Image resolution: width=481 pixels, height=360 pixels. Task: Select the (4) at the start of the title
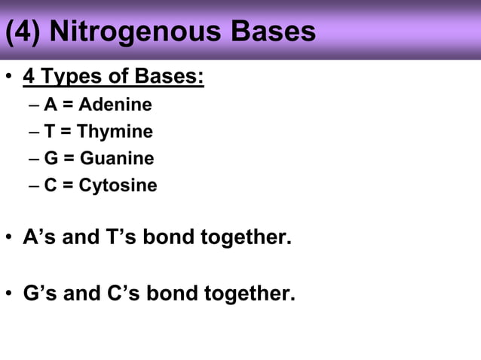click(x=23, y=32)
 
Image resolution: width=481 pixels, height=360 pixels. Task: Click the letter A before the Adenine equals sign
click(x=51, y=105)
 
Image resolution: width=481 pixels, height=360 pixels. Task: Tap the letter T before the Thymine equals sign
click(x=50, y=132)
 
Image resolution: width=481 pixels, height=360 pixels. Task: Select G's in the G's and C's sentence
click(x=41, y=292)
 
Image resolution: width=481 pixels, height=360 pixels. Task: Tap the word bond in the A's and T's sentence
click(x=170, y=238)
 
